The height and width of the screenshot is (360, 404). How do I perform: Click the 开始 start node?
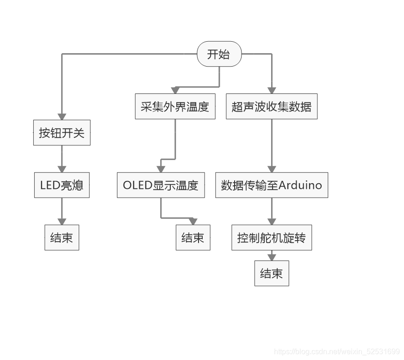tap(219, 55)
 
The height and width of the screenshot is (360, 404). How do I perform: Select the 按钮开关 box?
tap(62, 133)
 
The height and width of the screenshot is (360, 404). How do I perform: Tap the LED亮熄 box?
tap(62, 185)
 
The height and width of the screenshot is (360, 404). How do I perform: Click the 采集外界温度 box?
tap(175, 107)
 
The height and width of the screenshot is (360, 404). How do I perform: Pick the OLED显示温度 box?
tap(161, 185)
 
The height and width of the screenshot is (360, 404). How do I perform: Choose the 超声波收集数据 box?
tap(272, 107)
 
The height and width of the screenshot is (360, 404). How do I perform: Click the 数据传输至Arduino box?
tap(272, 185)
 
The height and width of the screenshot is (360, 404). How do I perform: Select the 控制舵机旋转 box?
tap(272, 238)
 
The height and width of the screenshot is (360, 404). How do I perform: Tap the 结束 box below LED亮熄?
tap(62, 238)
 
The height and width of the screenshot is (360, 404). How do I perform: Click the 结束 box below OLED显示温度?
tap(193, 238)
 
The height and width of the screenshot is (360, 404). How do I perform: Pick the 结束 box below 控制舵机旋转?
tap(272, 273)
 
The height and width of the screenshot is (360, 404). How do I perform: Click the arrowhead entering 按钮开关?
tap(62, 117)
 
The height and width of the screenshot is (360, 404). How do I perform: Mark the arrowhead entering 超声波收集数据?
tap(272, 91)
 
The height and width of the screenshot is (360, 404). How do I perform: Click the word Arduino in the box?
tap(301, 185)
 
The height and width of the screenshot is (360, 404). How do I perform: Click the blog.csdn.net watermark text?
tap(337, 352)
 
